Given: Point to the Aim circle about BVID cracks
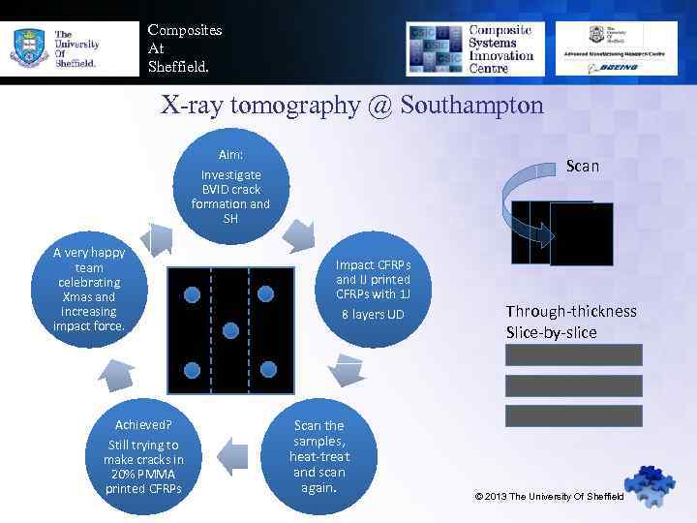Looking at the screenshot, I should [230, 185].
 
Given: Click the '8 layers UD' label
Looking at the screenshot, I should [373, 315].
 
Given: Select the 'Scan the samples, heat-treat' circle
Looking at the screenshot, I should [319, 455].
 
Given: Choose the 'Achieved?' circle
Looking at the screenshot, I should [143, 455].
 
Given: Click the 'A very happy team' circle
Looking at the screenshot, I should [89, 289].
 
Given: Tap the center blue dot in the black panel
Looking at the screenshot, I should [230, 330].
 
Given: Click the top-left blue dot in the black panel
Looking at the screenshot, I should [192, 292].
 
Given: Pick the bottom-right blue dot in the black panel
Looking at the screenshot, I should [268, 369].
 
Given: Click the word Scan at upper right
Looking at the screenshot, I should [583, 166].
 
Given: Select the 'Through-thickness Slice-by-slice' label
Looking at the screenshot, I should [571, 322].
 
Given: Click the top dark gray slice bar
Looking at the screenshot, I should [573, 354].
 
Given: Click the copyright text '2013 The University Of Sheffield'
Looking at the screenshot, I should [555, 497].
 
